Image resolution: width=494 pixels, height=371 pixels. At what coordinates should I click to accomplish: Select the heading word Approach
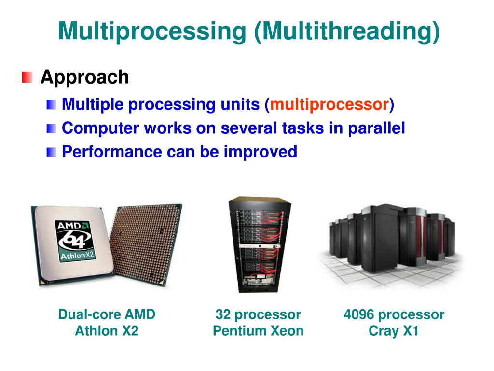[84, 77]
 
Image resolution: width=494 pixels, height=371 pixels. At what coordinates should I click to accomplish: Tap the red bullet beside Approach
[27, 77]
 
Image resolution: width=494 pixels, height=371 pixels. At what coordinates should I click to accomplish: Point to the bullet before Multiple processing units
[52, 104]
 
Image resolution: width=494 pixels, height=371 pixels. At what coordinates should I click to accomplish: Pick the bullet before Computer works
[52, 128]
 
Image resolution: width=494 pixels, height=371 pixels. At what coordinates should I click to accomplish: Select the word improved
[260, 152]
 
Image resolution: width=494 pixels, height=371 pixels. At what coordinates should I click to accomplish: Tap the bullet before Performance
[52, 152]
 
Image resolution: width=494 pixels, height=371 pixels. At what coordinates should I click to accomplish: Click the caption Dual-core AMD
[107, 314]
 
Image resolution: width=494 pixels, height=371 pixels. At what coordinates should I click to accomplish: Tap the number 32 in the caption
[223, 314]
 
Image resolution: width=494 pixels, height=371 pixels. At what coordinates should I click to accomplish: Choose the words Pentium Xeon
[258, 331]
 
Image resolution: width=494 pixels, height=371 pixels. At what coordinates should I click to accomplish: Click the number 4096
[359, 314]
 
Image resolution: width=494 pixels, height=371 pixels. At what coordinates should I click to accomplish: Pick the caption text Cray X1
[394, 331]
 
